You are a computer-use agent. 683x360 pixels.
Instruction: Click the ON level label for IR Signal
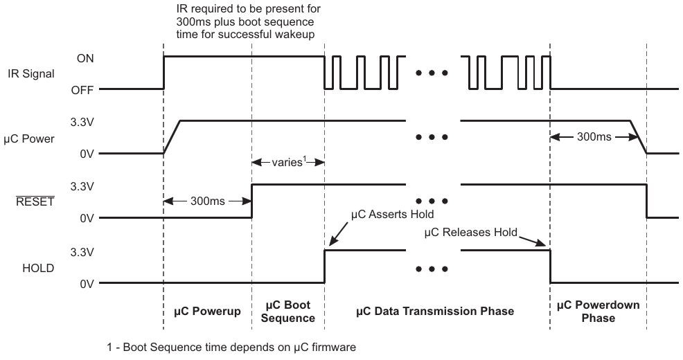(x=85, y=59)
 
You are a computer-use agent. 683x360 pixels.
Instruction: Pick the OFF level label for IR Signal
(x=83, y=89)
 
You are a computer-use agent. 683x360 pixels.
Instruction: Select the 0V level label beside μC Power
(x=86, y=154)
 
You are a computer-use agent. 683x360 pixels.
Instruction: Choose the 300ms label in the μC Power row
(x=594, y=136)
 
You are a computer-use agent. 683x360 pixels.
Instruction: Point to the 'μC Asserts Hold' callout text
(x=393, y=214)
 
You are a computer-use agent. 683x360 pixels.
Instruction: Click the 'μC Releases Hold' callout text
(x=470, y=232)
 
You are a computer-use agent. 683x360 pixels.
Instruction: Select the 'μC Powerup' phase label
(x=206, y=312)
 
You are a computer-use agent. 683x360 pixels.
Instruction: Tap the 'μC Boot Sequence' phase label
(x=287, y=312)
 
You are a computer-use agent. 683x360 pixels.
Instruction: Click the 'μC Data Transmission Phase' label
(x=435, y=312)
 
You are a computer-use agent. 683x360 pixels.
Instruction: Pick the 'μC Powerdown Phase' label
(x=598, y=312)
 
